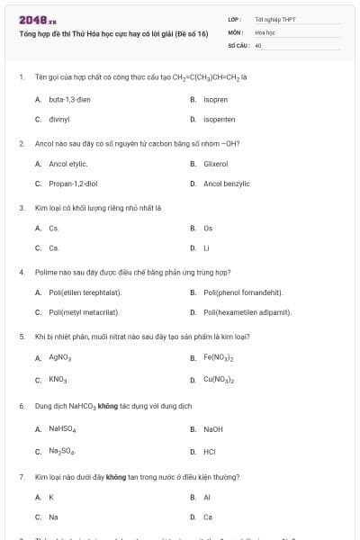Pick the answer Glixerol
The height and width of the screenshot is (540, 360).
[x=216, y=164]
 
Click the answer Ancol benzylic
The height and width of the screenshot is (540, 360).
[x=225, y=184]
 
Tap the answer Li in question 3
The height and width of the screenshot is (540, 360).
[x=207, y=247]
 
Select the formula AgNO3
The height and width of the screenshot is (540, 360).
[x=59, y=357]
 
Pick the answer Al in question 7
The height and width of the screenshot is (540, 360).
[x=207, y=497]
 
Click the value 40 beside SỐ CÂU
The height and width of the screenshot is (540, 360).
[x=258, y=45]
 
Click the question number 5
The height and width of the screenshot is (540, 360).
[x=22, y=336]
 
